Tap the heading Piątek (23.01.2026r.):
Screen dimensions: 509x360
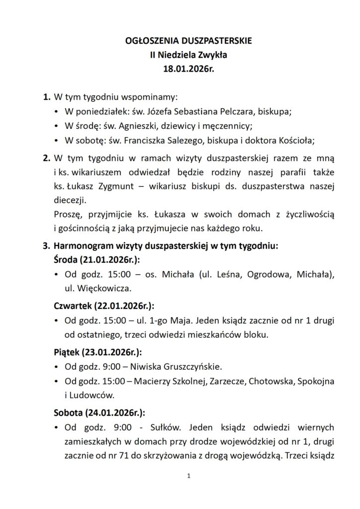click(97, 352)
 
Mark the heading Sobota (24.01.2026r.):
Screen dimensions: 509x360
click(99, 413)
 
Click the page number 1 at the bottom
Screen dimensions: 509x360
click(189, 476)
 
